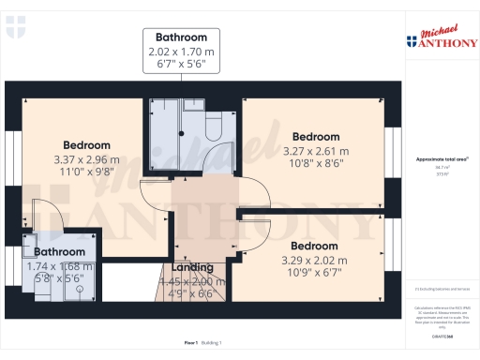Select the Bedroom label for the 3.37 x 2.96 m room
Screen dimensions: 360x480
(87, 145)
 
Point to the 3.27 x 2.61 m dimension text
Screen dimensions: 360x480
(316, 150)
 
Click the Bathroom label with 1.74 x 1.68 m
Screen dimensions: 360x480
(60, 251)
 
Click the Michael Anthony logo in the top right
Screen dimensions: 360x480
(440, 37)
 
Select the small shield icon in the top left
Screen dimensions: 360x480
(12, 31)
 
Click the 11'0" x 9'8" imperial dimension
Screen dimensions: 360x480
(87, 172)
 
